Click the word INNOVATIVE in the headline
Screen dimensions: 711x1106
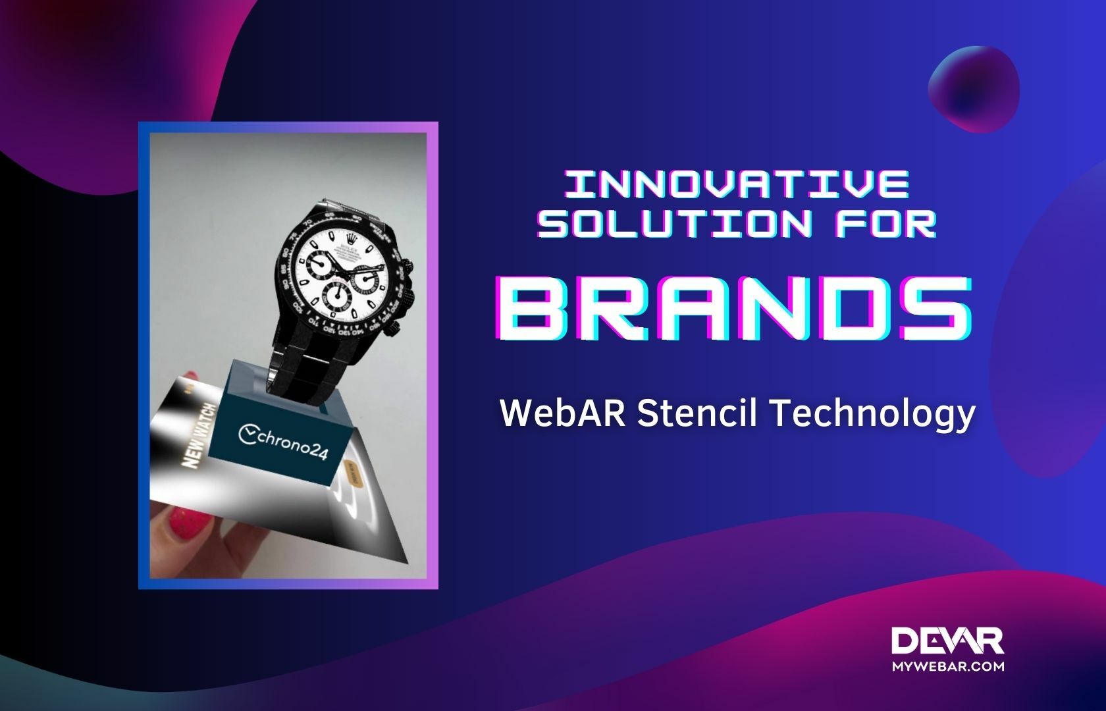point(737,184)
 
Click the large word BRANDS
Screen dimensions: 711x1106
point(736,308)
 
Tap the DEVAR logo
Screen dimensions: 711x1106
point(947,641)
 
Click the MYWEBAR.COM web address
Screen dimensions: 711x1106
point(947,666)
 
